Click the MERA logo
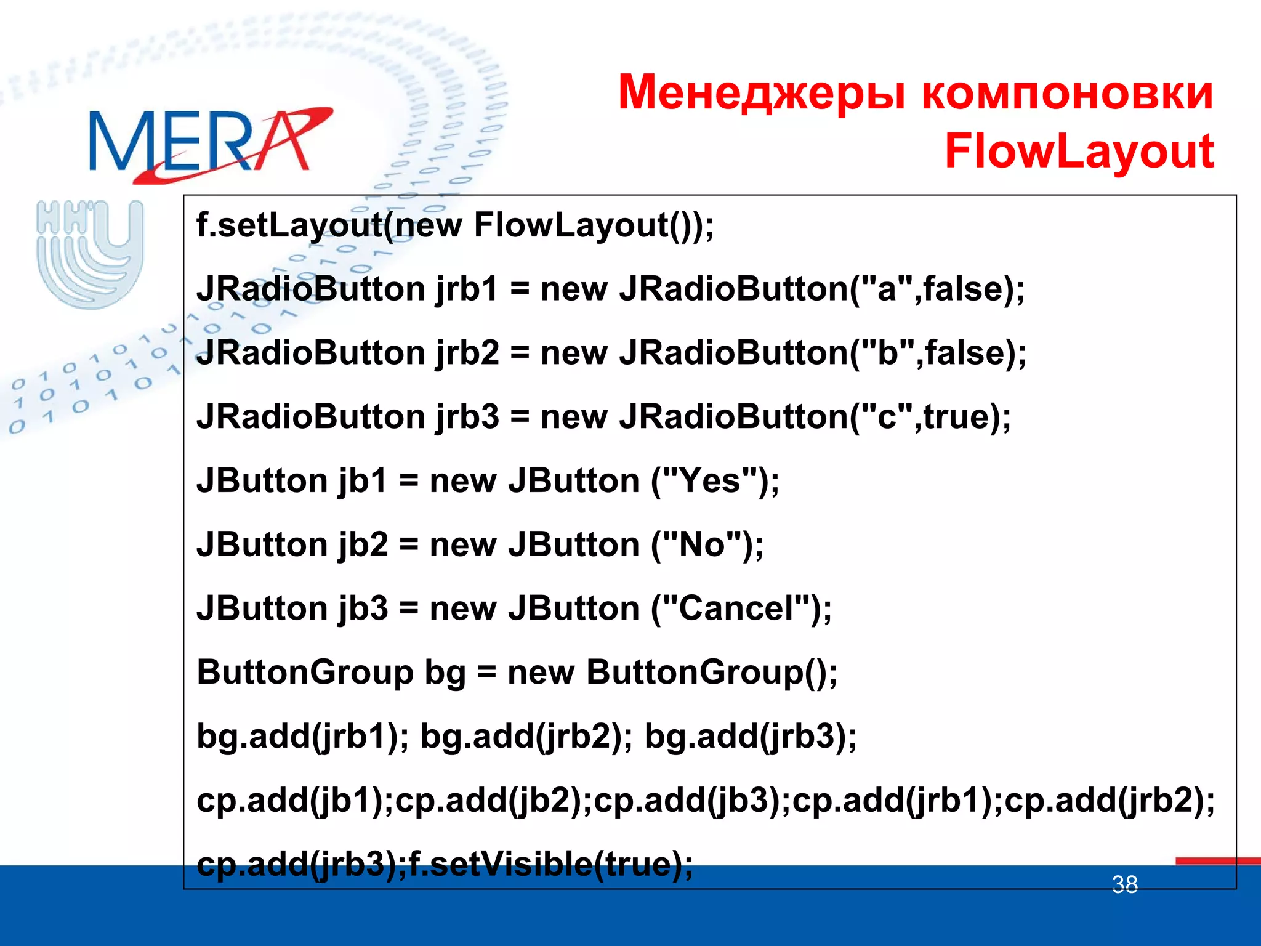point(209,144)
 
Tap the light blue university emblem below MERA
point(91,253)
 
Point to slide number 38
point(1124,885)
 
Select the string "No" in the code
point(701,545)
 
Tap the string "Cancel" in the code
point(744,608)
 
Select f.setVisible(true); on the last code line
point(550,864)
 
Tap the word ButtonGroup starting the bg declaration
point(305,673)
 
